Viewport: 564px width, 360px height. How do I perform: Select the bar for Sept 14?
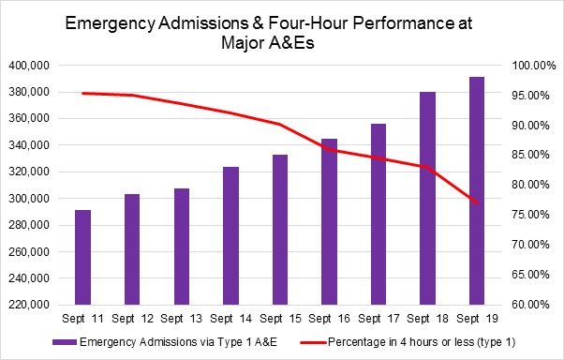pos(231,236)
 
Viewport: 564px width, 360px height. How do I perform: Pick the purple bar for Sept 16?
pos(329,222)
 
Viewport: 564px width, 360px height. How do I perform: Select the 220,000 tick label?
pos(31,305)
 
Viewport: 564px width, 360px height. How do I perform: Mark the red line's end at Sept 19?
pos(476,202)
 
